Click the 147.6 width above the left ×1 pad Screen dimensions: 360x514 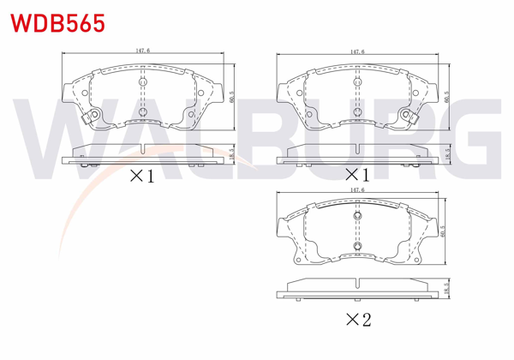pyautogui.click(x=143, y=51)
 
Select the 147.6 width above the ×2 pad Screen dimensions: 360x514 pyautogui.click(x=354, y=189)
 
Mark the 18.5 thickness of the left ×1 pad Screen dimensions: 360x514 pyautogui.click(x=232, y=153)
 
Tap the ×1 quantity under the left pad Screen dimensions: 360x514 pyautogui.click(x=140, y=177)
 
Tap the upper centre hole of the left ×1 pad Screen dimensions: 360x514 pyautogui.click(x=143, y=84)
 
